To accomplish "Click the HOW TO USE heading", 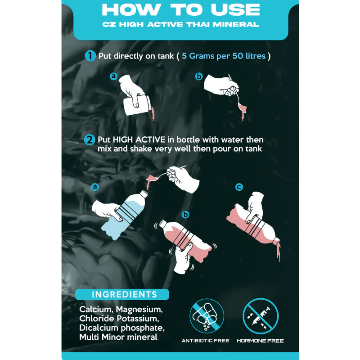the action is (181, 9).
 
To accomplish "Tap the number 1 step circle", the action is (90, 56).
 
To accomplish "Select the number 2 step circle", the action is (90, 140).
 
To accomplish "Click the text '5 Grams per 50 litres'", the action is (224, 56).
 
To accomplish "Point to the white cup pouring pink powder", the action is (137, 105).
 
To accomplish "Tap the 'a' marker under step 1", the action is (114, 76).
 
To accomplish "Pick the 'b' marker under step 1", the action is (199, 76).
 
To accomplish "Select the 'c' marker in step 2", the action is (239, 187).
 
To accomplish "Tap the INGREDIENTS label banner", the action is (122, 294).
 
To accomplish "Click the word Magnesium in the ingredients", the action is (139, 309).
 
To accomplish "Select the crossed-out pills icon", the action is (207, 316).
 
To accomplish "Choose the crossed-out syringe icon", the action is (261, 316).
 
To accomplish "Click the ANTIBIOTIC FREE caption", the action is (206, 341).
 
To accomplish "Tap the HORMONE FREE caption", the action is (260, 341).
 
